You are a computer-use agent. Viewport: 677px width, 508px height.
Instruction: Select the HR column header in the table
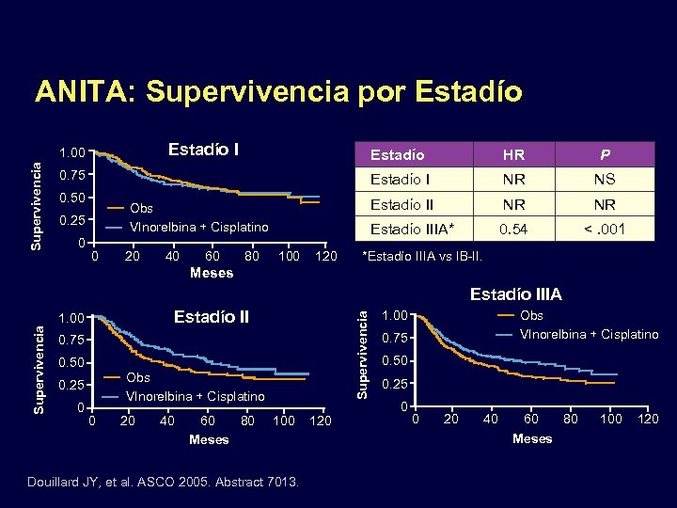[x=514, y=154]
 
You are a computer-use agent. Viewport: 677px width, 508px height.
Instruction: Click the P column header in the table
[x=605, y=154]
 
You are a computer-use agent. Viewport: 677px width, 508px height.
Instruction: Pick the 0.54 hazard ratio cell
[x=514, y=228]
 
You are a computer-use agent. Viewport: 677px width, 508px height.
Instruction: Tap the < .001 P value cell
[x=605, y=228]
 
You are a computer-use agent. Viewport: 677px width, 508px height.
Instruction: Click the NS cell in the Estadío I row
[x=605, y=179]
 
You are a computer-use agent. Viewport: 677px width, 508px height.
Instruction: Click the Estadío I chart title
[x=203, y=150]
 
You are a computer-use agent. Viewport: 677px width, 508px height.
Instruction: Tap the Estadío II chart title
[x=212, y=317]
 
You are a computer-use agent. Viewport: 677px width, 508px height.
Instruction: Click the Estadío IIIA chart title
[x=515, y=294]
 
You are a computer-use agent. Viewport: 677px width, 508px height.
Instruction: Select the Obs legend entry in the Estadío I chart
[x=142, y=208]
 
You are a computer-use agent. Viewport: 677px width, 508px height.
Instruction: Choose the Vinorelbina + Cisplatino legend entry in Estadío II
[x=195, y=396]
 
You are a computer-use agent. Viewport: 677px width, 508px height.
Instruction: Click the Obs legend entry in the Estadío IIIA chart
[x=531, y=315]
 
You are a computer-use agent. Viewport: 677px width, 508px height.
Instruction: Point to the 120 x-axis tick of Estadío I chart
[x=325, y=257]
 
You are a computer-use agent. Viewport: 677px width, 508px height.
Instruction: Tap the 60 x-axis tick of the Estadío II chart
[x=208, y=420]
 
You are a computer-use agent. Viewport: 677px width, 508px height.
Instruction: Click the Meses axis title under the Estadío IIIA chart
[x=532, y=438]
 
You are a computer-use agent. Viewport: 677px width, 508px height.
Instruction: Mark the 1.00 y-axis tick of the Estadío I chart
[x=73, y=152]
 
